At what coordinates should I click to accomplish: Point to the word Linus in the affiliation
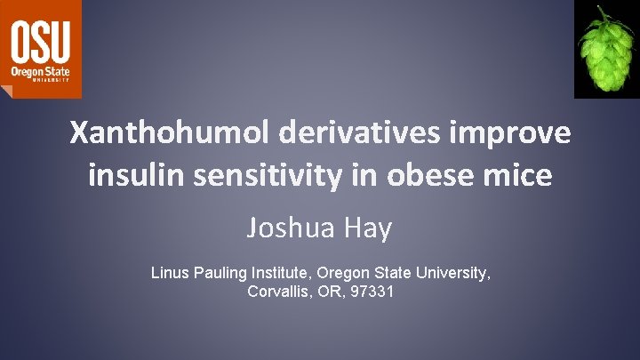[x=170, y=273]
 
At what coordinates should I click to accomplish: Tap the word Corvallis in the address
[x=278, y=292]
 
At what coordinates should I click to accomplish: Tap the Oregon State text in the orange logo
[x=40, y=68]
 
